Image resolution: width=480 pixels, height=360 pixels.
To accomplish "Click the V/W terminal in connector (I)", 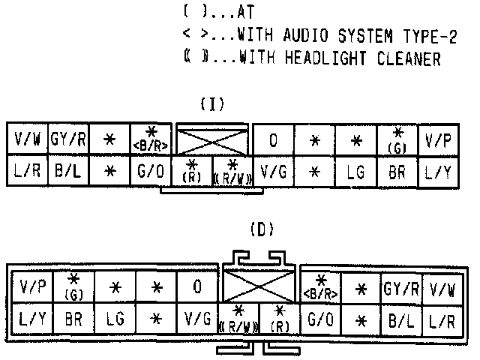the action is point(27,139).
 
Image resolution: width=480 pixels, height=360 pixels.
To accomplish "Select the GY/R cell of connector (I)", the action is point(68,139).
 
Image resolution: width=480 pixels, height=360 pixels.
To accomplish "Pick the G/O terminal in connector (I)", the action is point(151,171).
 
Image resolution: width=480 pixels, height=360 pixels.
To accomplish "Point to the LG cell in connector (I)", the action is point(355,171).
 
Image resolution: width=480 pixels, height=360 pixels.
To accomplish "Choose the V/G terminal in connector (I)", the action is point(274,171).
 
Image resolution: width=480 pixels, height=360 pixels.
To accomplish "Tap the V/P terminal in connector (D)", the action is point(32,286).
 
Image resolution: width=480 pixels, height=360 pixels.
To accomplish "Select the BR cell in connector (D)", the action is point(73,319).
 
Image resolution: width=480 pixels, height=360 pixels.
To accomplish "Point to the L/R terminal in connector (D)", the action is point(441,319).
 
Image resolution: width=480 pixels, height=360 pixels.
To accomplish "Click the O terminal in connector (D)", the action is point(196,286).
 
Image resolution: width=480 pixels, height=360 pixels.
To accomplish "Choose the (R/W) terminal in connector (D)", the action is point(238,320).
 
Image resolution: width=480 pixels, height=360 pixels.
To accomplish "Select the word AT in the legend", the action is point(244,12).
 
